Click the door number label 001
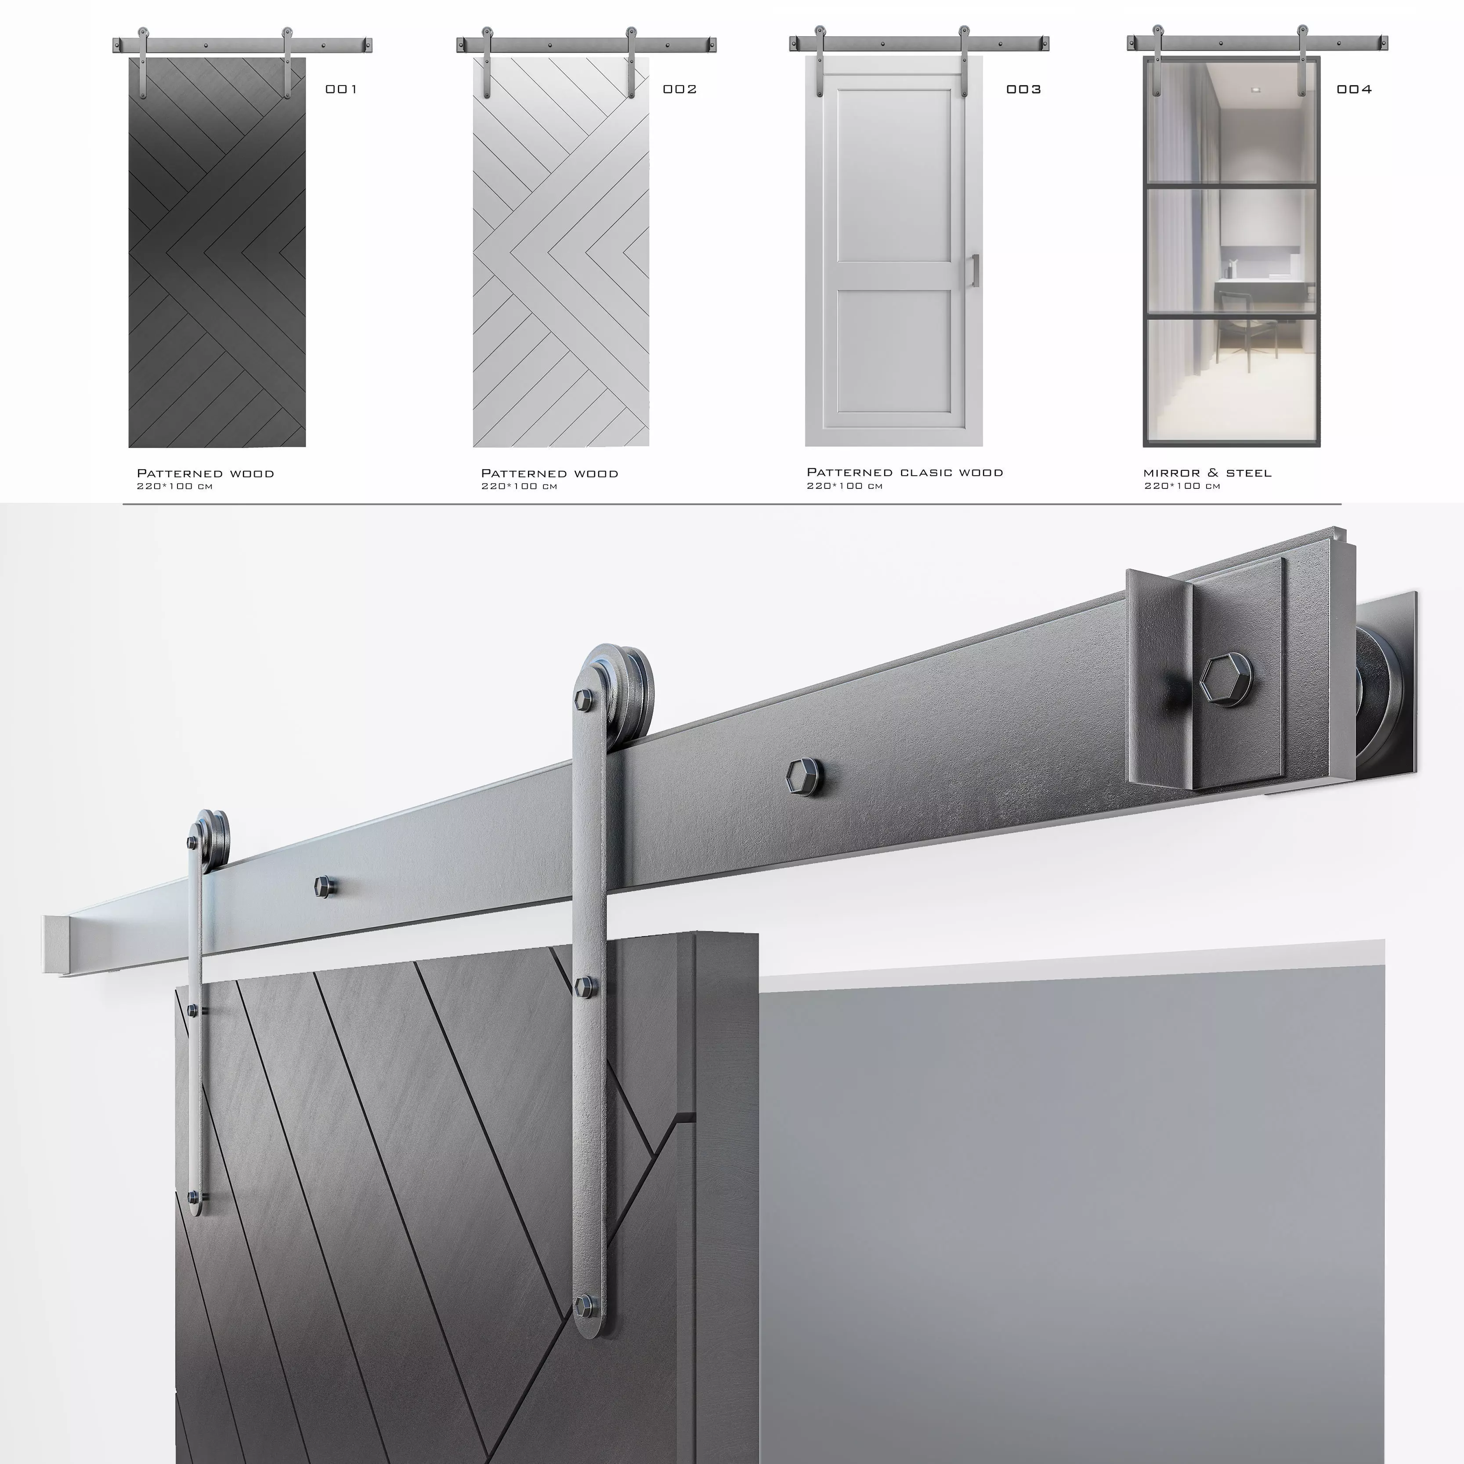click(x=341, y=90)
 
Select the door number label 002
click(x=679, y=90)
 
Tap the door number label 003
click(x=1023, y=90)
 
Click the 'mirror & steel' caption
click(x=1207, y=473)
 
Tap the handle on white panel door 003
click(x=975, y=271)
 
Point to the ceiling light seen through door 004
click(x=1255, y=90)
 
